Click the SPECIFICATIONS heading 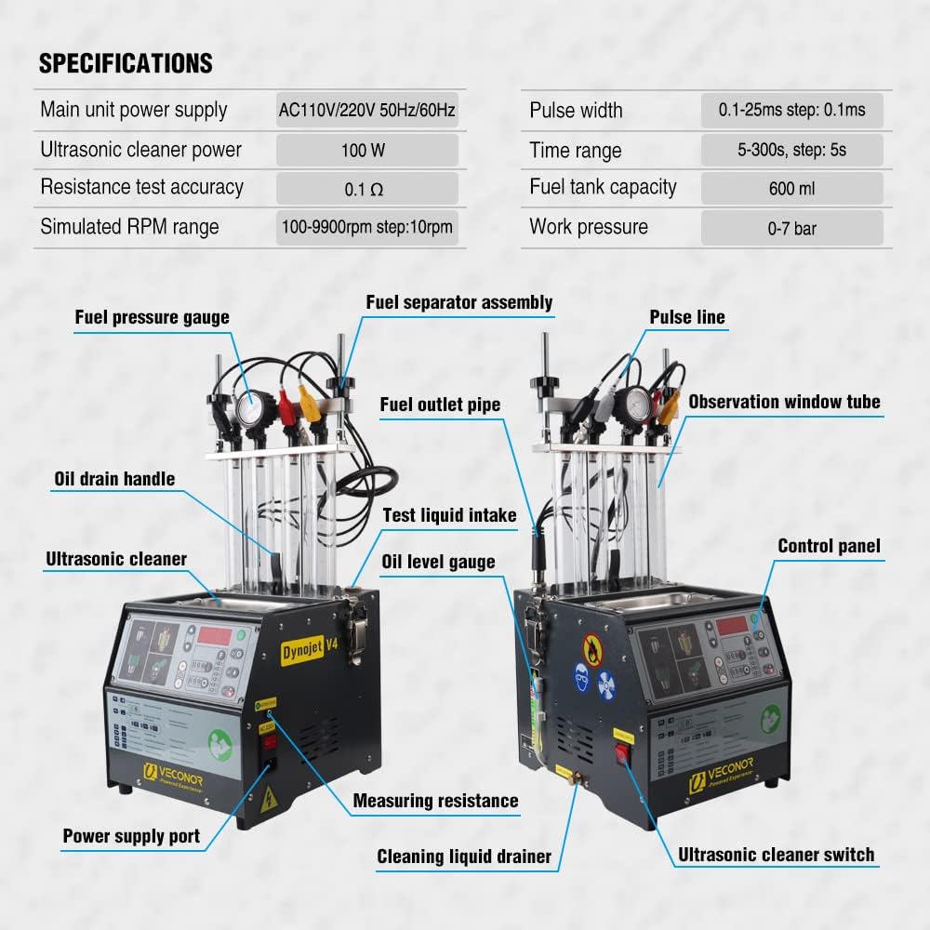[x=126, y=63]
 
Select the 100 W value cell [x=366, y=150]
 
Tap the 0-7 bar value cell [x=791, y=228]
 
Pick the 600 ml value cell [x=791, y=188]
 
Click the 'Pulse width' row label [x=576, y=111]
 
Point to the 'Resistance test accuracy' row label [x=141, y=187]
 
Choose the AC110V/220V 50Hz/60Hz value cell [x=366, y=111]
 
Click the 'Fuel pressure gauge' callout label [x=152, y=317]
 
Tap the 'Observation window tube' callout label [x=784, y=402]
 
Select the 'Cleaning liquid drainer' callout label [x=464, y=857]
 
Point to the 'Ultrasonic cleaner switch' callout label [x=776, y=855]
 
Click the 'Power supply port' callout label [x=131, y=836]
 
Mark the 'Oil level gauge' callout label [x=438, y=562]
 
